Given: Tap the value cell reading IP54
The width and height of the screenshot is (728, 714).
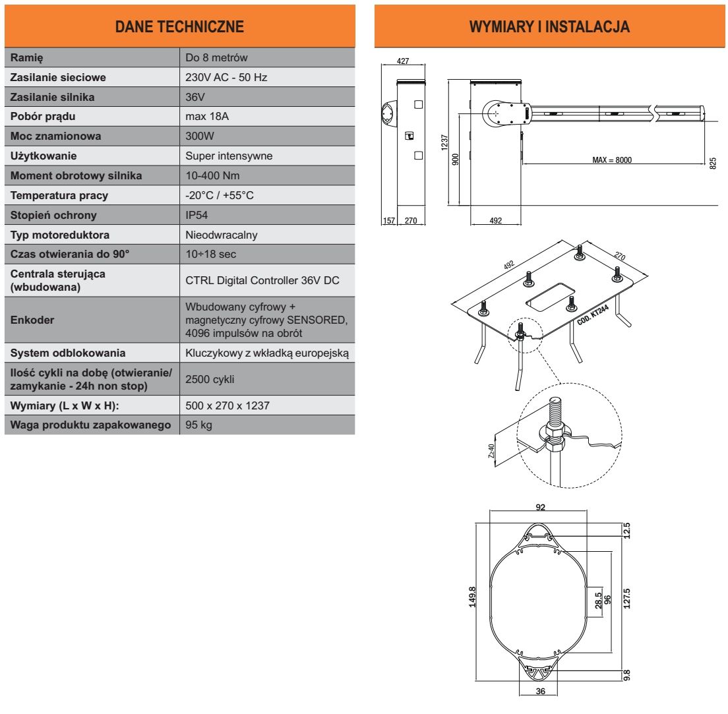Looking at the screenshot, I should coord(198,215).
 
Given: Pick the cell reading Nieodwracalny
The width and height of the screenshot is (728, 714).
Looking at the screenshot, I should coord(222,235).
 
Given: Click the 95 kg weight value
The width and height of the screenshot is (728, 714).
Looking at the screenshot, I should coord(198,425).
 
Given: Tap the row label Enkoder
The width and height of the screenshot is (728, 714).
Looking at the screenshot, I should coord(31,320).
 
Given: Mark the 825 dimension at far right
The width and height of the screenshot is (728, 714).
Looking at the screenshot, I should coord(712,162).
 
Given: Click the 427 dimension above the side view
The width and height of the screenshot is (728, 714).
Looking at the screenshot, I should coord(403,61).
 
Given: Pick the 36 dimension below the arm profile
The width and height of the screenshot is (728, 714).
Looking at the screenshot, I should coord(539,692).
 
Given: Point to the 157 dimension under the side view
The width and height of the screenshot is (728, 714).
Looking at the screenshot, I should coord(388,221).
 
